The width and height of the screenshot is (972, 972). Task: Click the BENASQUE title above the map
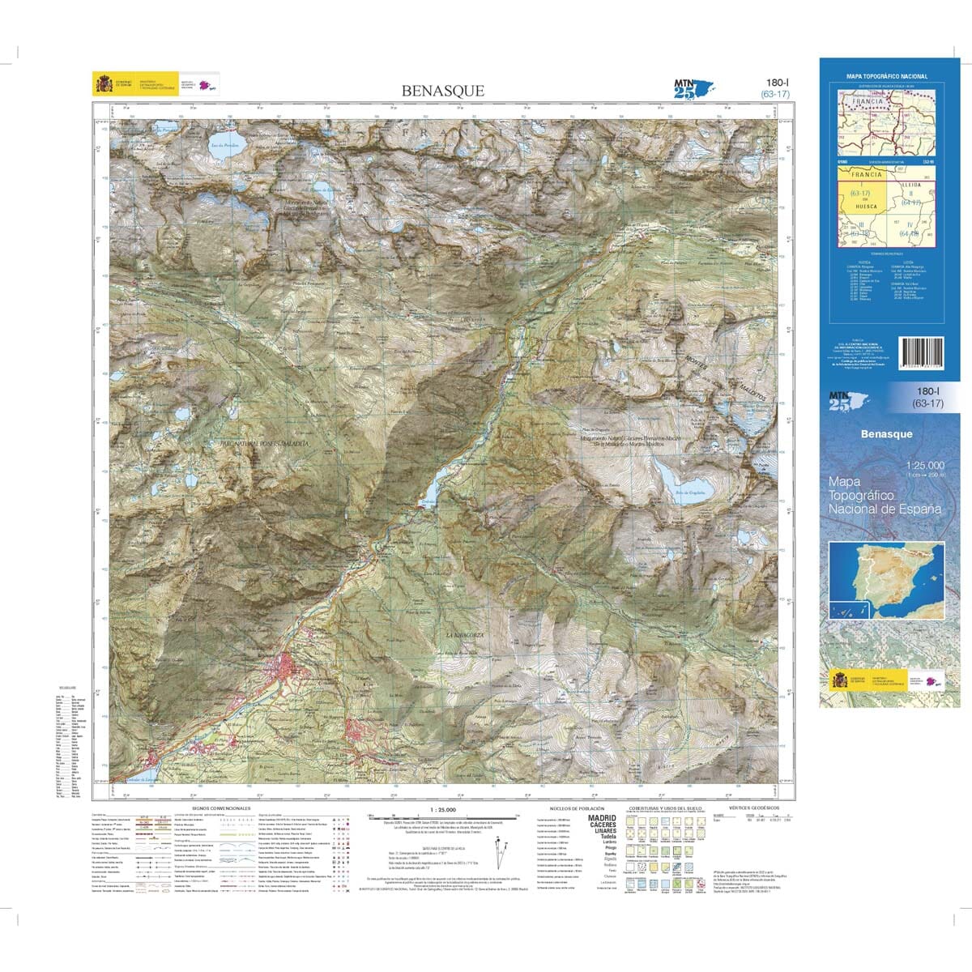tap(442, 91)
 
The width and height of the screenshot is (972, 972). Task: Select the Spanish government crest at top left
tap(104, 84)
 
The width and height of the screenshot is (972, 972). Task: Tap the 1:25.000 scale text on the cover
tap(925, 465)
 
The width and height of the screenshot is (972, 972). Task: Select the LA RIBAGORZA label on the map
tap(465, 635)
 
